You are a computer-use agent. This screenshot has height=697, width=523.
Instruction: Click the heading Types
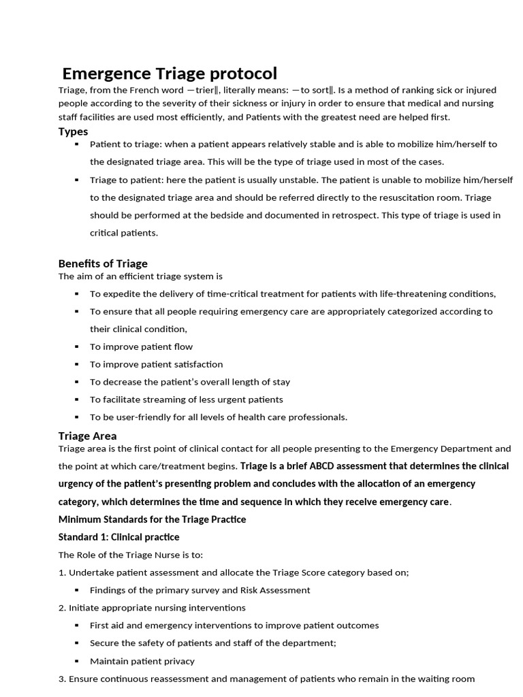(73, 131)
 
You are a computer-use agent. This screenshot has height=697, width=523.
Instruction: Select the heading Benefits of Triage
(103, 263)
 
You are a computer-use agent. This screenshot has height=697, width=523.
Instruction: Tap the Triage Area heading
(87, 436)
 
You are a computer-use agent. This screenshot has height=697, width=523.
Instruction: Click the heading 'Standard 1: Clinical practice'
(119, 537)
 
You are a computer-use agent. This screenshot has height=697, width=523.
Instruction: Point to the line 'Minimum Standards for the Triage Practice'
(152, 519)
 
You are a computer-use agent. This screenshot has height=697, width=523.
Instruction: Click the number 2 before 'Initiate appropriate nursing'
(61, 607)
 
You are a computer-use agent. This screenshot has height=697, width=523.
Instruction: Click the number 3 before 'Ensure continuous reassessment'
(61, 679)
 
